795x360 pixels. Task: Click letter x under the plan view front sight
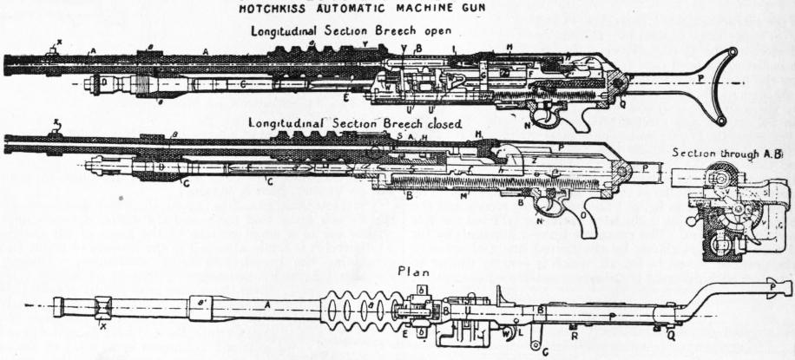coord(103,328)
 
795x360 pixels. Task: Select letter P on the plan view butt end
coord(774,287)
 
